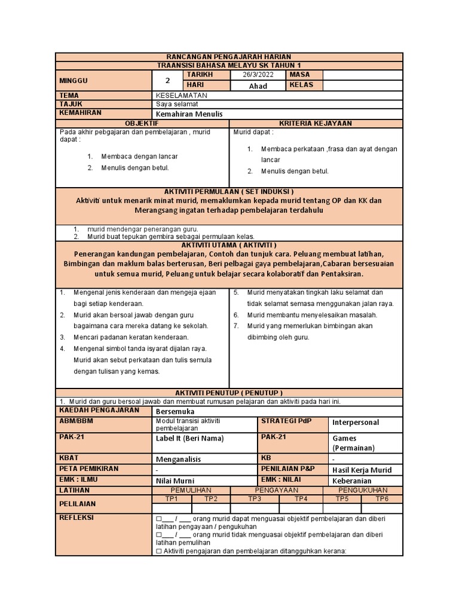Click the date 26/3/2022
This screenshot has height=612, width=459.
pyautogui.click(x=257, y=75)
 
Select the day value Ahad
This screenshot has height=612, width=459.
pyautogui.click(x=258, y=86)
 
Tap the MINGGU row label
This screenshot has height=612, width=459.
pyautogui.click(x=73, y=80)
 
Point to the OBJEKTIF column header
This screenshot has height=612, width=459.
pyautogui.click(x=142, y=123)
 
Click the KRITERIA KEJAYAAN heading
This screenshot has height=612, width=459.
pyautogui.click(x=316, y=123)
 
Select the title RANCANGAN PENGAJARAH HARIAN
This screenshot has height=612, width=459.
pyautogui.click(x=229, y=56)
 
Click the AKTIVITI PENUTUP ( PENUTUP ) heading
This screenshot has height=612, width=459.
pyautogui.click(x=229, y=392)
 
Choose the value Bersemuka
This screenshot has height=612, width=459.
pyautogui.click(x=175, y=412)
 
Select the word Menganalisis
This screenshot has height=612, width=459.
pyautogui.click(x=178, y=460)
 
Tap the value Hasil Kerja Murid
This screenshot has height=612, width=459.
pyautogui.click(x=362, y=470)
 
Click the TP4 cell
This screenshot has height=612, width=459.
pyautogui.click(x=301, y=498)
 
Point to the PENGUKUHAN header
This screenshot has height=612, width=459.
pyautogui.click(x=362, y=490)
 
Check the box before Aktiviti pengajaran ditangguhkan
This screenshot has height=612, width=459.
pyautogui.click(x=158, y=551)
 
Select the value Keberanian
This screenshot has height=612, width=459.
pyautogui.click(x=352, y=481)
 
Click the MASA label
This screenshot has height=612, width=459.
pyautogui.click(x=301, y=75)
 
